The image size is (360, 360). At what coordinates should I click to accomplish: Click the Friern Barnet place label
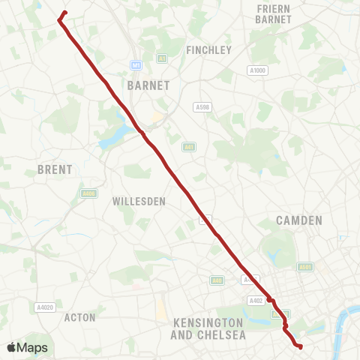[273, 14]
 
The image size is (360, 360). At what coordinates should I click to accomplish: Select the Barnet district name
[150, 85]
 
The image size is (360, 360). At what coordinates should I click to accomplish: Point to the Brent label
[55, 170]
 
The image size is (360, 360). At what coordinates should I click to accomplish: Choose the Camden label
[298, 220]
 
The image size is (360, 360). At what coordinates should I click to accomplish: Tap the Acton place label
[80, 317]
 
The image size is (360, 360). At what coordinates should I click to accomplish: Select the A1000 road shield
[257, 70]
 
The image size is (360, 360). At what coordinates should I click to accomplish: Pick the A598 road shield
[202, 107]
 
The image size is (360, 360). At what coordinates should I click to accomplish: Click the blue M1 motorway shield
[136, 64]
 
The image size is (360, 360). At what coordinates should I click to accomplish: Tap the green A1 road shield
[162, 58]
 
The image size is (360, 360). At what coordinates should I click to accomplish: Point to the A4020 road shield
[45, 307]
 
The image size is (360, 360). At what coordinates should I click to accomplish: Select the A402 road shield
[256, 301]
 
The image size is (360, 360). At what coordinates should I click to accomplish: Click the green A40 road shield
[217, 280]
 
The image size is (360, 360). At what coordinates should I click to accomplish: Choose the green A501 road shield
[304, 267]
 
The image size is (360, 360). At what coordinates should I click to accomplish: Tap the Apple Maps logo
[27, 347]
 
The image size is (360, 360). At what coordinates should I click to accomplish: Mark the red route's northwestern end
[65, 12]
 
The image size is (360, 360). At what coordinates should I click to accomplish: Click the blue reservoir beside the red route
[112, 137]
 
